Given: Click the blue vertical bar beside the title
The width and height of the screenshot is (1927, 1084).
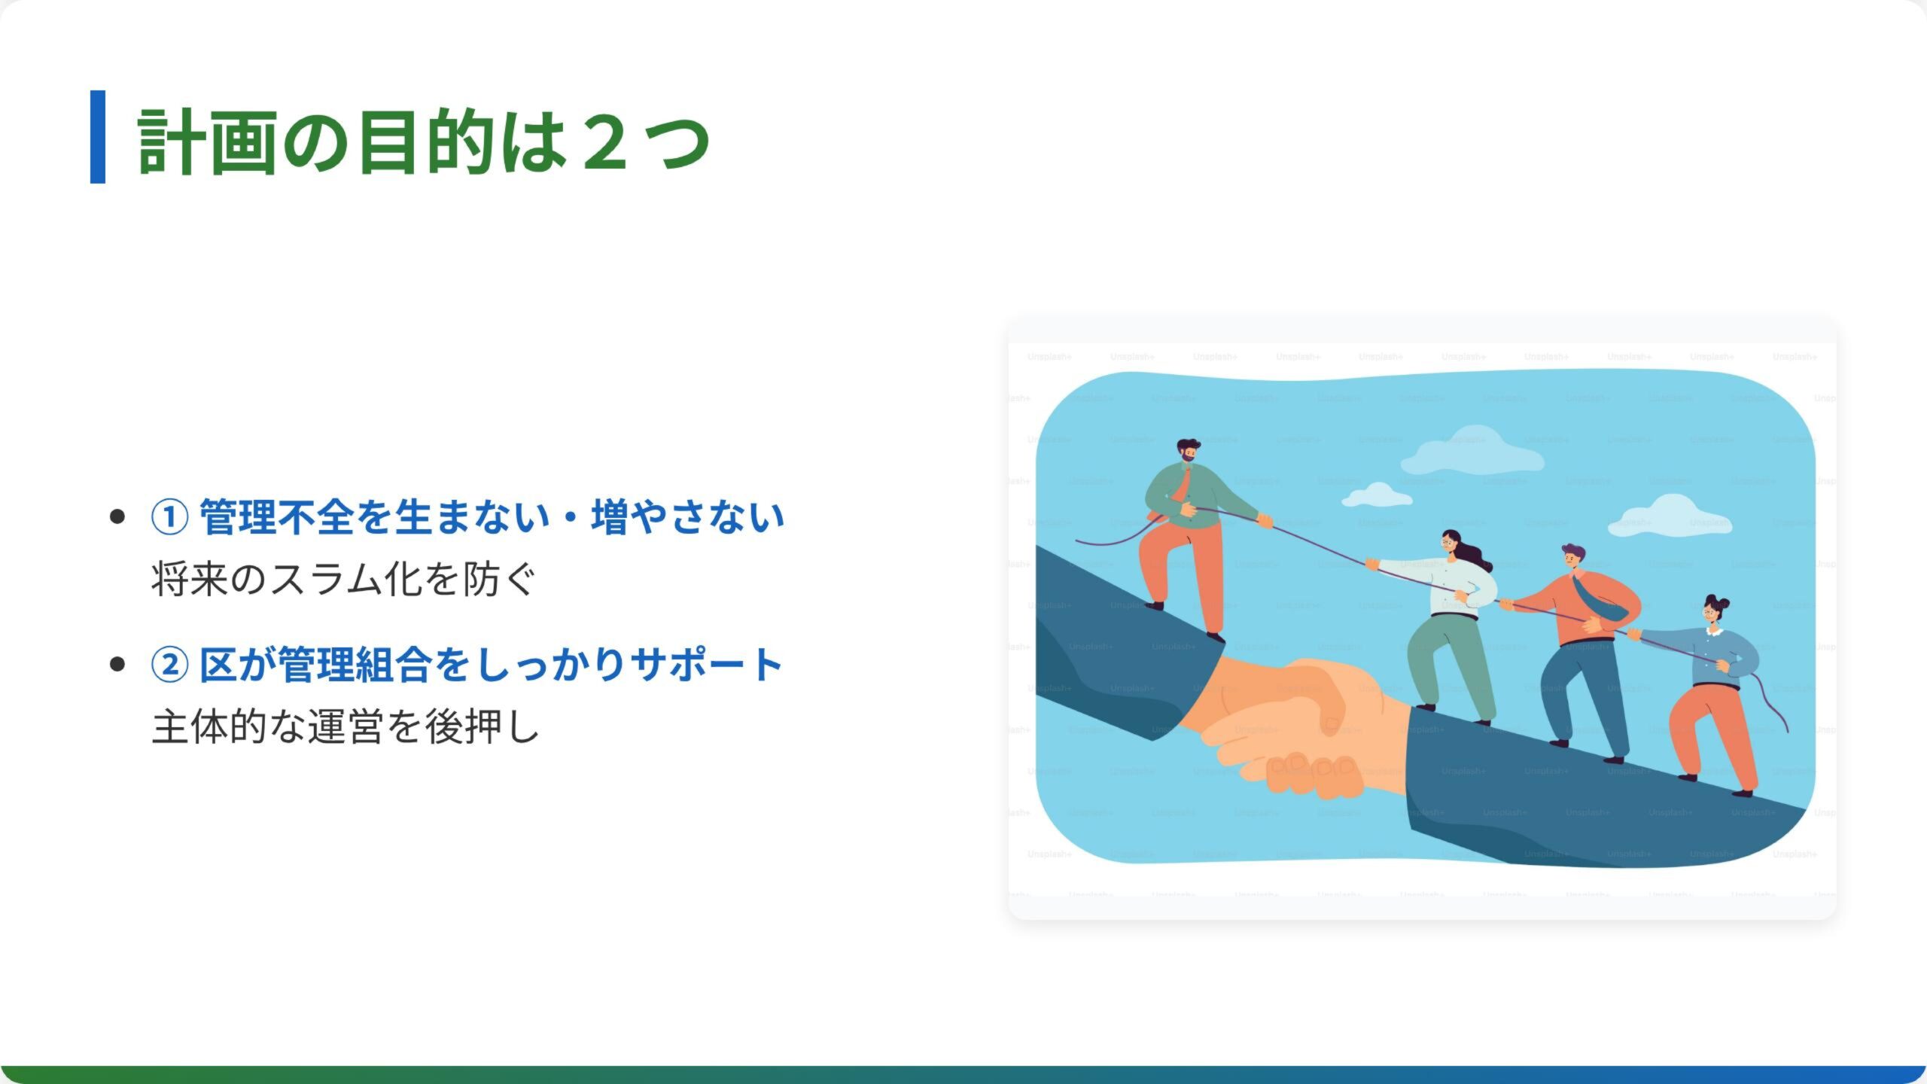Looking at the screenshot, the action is click(x=98, y=137).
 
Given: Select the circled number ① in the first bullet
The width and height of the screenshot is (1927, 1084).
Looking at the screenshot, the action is click(x=169, y=517).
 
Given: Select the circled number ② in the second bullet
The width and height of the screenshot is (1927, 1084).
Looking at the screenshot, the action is click(x=169, y=665).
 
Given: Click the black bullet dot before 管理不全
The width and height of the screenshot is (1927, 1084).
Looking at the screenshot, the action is click(x=117, y=517).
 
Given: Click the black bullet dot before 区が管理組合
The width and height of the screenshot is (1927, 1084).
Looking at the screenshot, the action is click(x=117, y=665).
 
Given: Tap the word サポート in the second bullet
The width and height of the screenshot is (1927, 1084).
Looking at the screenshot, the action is click(x=707, y=665).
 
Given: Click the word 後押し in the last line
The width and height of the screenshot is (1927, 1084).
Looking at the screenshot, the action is click(x=483, y=727).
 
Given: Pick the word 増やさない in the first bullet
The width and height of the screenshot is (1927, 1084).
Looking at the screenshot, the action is click(x=688, y=517).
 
